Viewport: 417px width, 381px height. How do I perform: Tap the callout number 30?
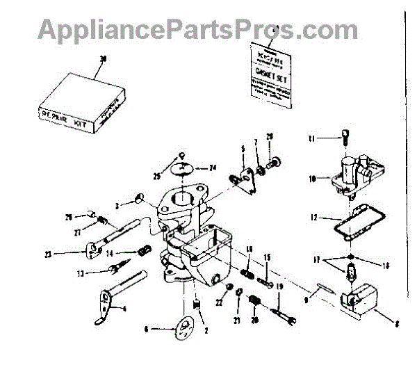104,59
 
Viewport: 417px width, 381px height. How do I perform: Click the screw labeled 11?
345,141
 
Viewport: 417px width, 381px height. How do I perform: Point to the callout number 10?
313,179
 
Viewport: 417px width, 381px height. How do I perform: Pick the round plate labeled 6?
184,328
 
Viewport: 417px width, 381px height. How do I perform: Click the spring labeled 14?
145,251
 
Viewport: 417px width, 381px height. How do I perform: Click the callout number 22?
218,302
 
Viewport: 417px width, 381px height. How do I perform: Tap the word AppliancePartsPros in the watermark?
160,29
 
